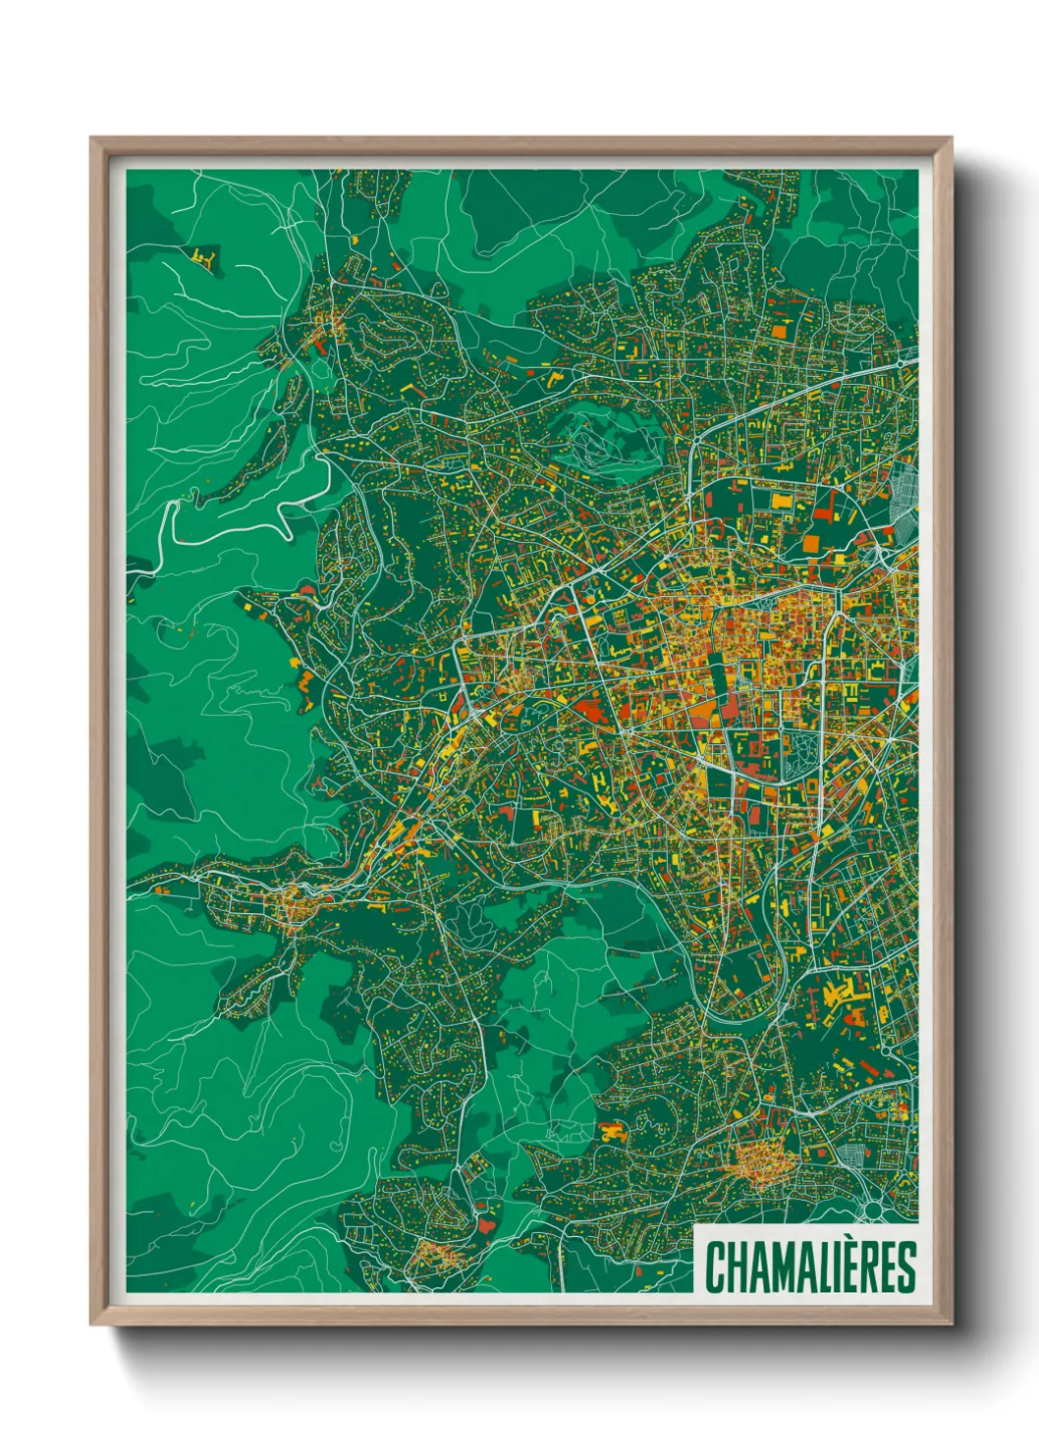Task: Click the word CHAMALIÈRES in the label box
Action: pos(810,1266)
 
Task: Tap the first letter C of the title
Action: pos(714,1267)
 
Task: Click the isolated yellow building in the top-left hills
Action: pos(204,257)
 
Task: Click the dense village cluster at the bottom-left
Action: pos(433,1253)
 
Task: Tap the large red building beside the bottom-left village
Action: pos(487,1225)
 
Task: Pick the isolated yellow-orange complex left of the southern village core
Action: pos(614,1131)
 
